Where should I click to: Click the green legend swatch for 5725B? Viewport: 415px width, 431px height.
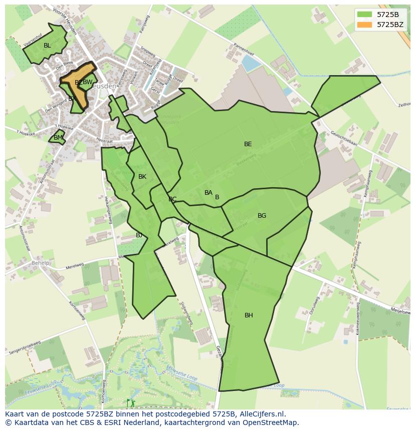pyautogui.click(x=364, y=15)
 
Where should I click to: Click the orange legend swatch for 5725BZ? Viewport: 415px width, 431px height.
pyautogui.click(x=364, y=24)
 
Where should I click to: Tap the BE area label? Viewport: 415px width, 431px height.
pyautogui.click(x=248, y=144)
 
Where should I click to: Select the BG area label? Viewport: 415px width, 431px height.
pyautogui.click(x=262, y=216)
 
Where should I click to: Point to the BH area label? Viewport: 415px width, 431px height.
pyautogui.click(x=249, y=315)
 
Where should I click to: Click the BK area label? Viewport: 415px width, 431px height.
pyautogui.click(x=142, y=177)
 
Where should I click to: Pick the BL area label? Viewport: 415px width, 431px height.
pyautogui.click(x=47, y=46)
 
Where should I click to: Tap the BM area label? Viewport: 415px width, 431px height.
pyautogui.click(x=58, y=138)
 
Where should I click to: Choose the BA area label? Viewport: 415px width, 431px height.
pyautogui.click(x=209, y=193)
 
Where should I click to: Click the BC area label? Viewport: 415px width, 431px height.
pyautogui.click(x=172, y=199)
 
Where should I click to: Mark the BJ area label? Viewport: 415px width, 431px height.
pyautogui.click(x=139, y=235)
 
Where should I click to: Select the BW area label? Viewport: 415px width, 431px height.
pyautogui.click(x=88, y=82)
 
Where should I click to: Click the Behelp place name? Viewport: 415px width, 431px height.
pyautogui.click(x=41, y=263)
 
